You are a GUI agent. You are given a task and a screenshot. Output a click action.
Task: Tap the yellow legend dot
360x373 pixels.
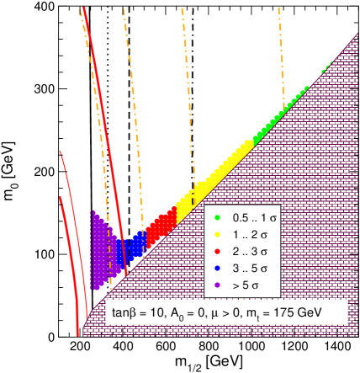pos(218,235)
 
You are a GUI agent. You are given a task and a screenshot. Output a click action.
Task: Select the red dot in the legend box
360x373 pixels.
pos(218,252)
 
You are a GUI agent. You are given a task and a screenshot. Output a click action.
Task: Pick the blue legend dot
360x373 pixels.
pos(218,268)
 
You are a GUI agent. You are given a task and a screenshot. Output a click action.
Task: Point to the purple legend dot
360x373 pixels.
pos(218,285)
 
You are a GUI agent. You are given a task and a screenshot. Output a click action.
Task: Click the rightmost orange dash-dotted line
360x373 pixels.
pos(281,51)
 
